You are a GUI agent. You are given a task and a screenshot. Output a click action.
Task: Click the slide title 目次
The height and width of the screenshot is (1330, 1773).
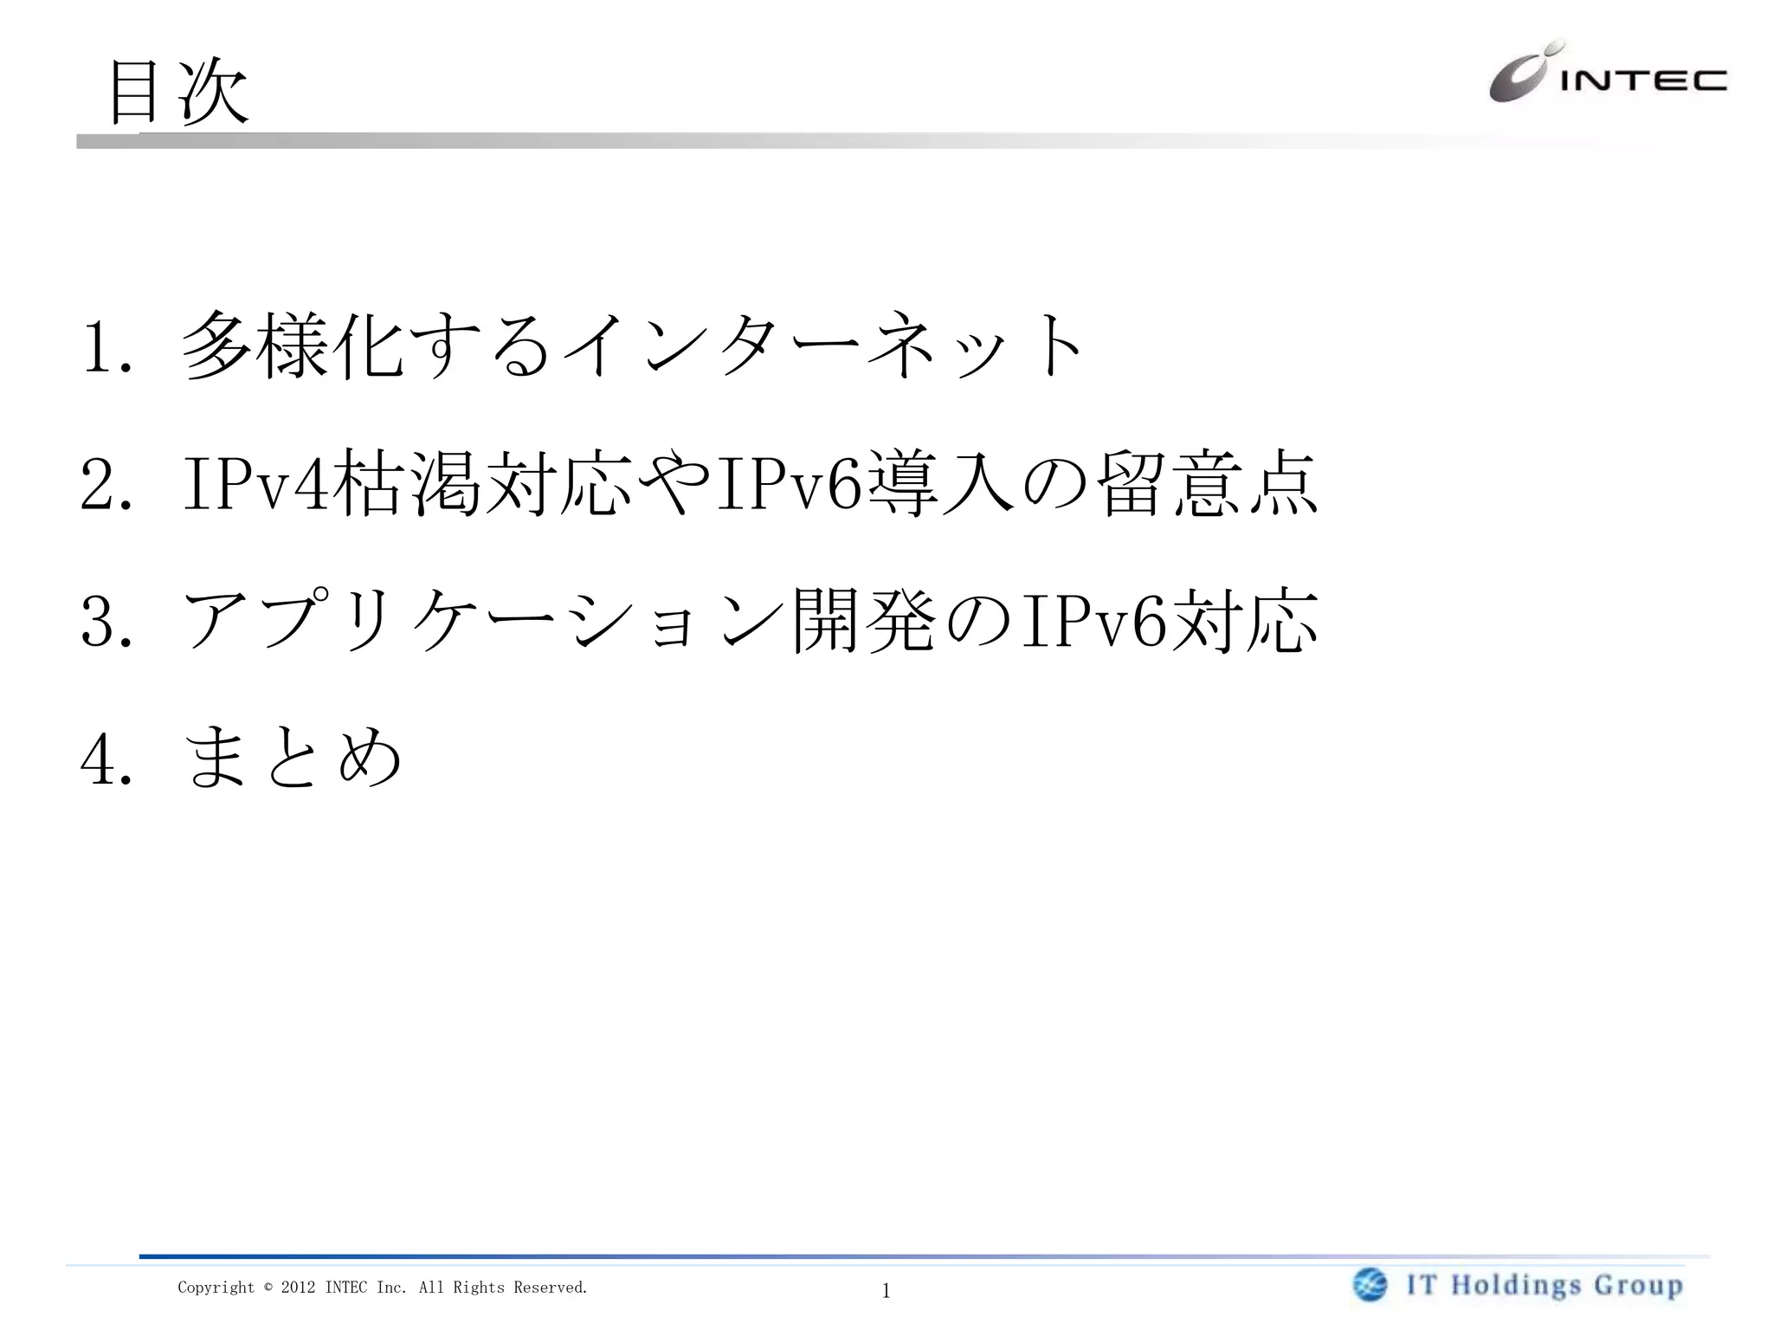178,92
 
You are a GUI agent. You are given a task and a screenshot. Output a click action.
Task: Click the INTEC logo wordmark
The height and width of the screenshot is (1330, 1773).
1643,81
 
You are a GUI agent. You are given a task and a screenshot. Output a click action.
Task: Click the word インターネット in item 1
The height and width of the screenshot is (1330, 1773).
822,346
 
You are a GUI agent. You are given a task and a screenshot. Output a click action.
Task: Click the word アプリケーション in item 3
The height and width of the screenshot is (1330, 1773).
485,620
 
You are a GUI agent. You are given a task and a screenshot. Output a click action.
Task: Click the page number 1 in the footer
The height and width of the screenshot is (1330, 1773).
886,1291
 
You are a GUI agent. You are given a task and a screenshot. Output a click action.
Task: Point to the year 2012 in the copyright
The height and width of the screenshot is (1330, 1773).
298,1288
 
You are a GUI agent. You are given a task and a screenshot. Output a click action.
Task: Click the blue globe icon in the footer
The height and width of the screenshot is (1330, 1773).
1370,1285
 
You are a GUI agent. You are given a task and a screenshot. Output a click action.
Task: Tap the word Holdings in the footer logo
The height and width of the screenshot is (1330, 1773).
1517,1285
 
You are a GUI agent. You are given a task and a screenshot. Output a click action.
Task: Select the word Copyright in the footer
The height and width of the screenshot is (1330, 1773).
216,1288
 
